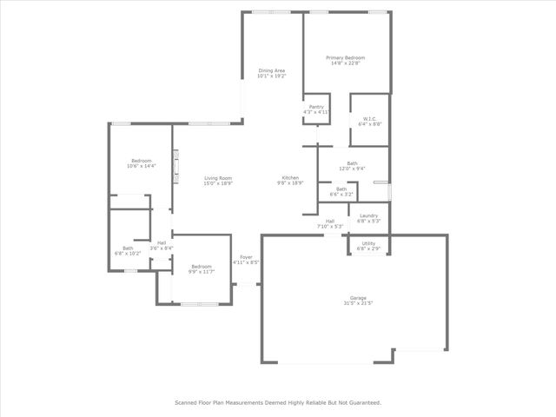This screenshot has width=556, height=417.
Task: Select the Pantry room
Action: click(316, 109)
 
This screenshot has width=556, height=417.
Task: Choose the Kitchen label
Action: click(290, 180)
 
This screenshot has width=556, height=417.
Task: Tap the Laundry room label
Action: click(368, 218)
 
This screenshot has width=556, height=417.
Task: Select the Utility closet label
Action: click(368, 246)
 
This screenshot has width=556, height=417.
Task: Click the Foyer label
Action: click(246, 259)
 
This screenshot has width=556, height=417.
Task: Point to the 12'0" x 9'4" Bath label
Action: click(352, 165)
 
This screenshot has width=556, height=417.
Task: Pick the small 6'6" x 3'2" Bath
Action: click(341, 191)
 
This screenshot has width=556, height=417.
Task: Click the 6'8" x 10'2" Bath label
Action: click(128, 251)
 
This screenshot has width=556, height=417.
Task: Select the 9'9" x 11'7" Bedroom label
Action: click(202, 268)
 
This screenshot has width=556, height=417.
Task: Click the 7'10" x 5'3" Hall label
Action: click(330, 223)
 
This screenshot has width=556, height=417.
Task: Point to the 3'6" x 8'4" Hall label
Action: click(162, 246)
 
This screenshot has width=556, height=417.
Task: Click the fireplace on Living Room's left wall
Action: click(176, 166)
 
